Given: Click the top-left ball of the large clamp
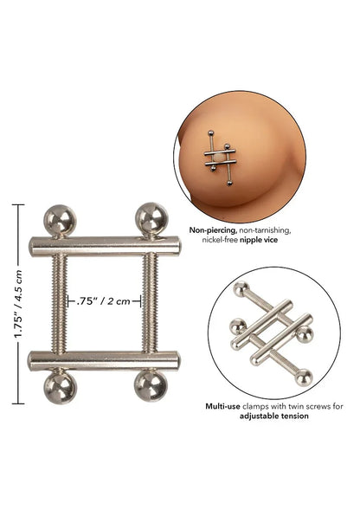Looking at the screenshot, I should click(61, 222).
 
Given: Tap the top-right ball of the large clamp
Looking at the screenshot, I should click(151, 219).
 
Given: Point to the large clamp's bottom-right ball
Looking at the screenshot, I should click(151, 386).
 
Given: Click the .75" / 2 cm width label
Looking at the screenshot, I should click(104, 302).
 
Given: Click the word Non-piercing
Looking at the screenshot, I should click(209, 231).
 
